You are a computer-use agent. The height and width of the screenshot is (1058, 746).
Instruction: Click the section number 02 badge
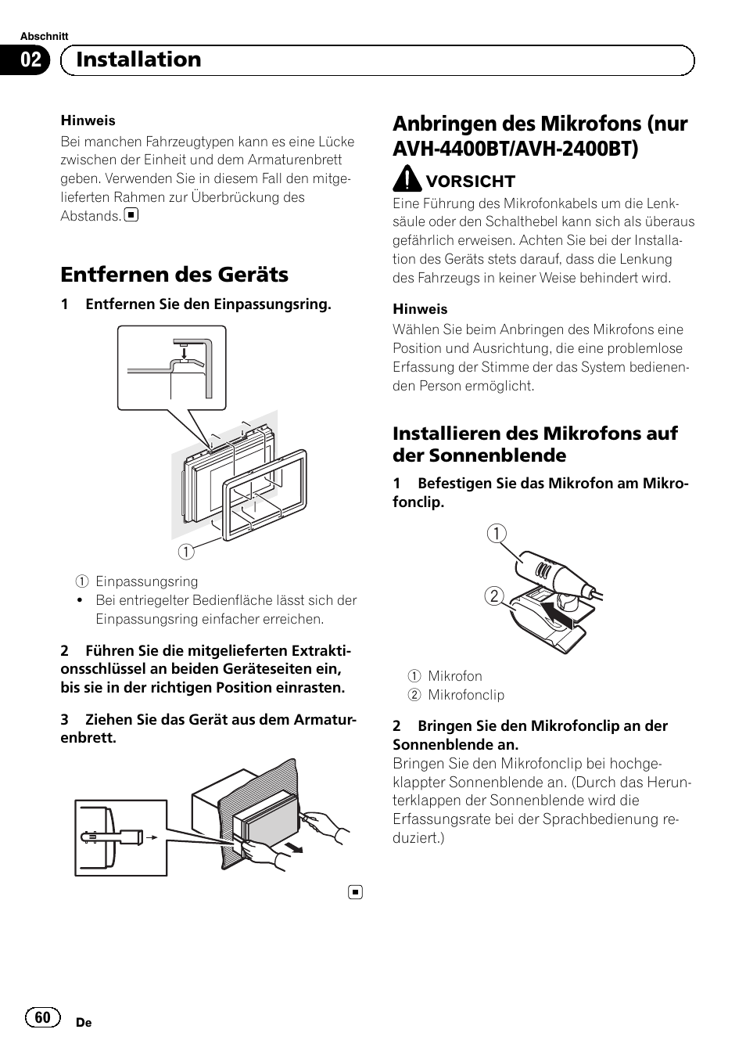click(x=30, y=60)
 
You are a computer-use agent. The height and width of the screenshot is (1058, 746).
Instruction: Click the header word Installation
click(x=138, y=59)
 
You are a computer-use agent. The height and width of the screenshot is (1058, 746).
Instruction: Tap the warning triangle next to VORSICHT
click(x=407, y=180)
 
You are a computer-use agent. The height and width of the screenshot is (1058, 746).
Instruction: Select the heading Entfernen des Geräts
click(x=174, y=274)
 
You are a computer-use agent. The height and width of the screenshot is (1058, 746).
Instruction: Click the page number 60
click(x=43, y=1017)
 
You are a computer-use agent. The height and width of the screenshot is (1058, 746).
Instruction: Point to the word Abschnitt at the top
click(x=44, y=36)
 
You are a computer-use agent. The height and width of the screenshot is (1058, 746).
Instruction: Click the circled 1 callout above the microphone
click(x=497, y=534)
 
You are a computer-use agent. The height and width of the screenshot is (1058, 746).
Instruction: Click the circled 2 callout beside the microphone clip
click(x=493, y=596)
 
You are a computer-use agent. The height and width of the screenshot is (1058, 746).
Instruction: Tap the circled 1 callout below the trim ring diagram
click(x=185, y=551)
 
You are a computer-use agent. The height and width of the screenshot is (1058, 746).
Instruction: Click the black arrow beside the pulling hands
click(x=293, y=847)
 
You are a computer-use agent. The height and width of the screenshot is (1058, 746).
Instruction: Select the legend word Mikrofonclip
click(x=466, y=695)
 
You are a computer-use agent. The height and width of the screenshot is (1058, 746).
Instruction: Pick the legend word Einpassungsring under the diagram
click(x=146, y=581)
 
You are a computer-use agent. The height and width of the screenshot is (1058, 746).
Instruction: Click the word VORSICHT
click(x=470, y=182)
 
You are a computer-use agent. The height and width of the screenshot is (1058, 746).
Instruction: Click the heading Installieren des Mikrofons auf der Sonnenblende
click(x=535, y=444)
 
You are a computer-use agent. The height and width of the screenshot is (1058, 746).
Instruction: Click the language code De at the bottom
click(x=84, y=1023)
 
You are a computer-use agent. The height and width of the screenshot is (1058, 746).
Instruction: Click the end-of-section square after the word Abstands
click(x=131, y=215)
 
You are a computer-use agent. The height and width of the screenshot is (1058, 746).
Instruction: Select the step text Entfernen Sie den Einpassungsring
click(x=208, y=304)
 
